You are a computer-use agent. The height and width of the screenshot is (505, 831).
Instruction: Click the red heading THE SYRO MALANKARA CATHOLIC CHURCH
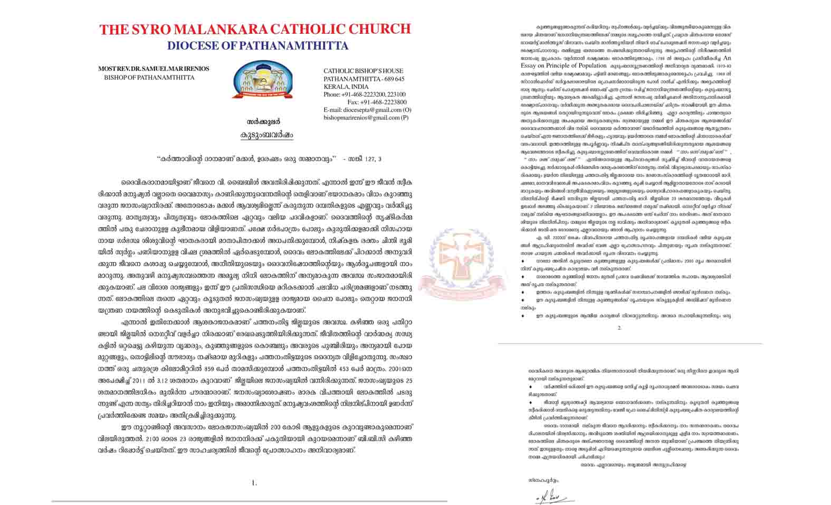point(255,30)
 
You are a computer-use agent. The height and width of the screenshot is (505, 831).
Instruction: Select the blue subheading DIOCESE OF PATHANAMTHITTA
point(257,46)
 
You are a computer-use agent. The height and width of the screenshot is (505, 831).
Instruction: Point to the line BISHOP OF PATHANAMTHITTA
point(149,78)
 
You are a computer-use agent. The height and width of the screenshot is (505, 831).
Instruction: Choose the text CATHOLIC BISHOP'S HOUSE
point(363,71)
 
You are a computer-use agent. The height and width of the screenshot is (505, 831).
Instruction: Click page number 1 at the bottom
point(254,483)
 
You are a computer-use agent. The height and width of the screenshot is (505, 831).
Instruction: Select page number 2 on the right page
point(619,328)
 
